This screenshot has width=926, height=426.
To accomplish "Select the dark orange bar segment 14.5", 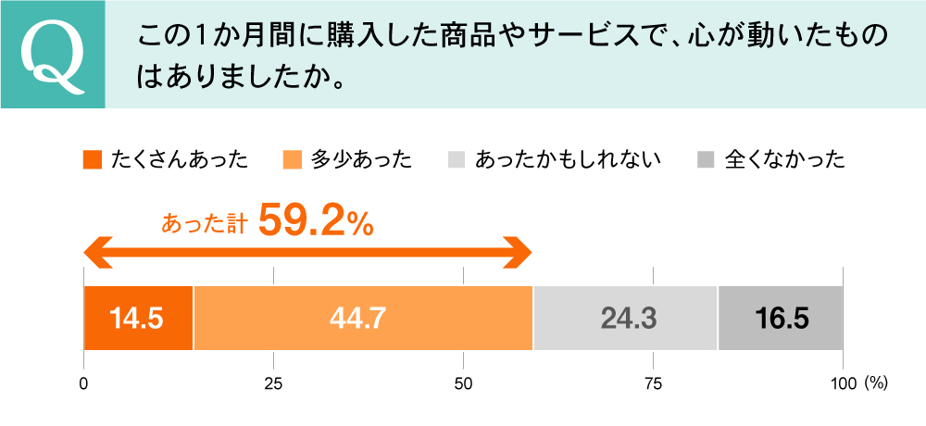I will point(138,319).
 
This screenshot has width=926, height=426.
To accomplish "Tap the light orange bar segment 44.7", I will point(363,319).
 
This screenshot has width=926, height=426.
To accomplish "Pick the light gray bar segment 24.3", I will point(626,319).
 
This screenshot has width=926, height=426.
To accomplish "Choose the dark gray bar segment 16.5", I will point(780,319).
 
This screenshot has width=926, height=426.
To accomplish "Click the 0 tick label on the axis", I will point(84,383).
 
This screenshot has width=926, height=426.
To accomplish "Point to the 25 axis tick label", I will point(273,383).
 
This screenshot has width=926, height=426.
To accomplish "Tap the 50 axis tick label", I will point(463,383).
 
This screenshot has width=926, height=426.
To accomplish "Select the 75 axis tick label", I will point(653,383).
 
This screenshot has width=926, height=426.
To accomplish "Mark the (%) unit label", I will point(876,383).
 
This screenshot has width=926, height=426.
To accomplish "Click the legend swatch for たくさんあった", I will point(92,160).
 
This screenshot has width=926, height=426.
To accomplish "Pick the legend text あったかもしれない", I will point(567,160).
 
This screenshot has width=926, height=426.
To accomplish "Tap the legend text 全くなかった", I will point(784,160).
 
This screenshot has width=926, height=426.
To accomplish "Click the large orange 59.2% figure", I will point(316,220).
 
